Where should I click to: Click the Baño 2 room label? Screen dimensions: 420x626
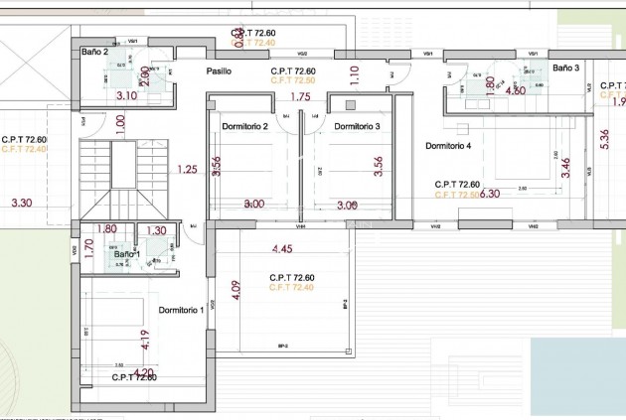click(x=94, y=52)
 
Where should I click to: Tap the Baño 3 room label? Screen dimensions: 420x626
click(x=565, y=68)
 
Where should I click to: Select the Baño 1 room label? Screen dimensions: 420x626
click(x=127, y=254)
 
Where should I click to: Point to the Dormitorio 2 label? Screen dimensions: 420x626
click(x=245, y=126)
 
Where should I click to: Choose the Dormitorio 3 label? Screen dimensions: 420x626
click(x=357, y=126)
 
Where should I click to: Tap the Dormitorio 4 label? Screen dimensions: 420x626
click(x=448, y=146)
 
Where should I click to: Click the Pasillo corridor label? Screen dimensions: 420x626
click(x=219, y=71)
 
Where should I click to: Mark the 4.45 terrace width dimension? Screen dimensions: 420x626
click(x=282, y=248)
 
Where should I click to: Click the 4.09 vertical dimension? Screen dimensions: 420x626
click(x=235, y=291)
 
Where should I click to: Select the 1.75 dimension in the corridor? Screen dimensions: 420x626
click(x=300, y=96)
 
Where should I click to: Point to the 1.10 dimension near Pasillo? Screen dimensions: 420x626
click(x=355, y=73)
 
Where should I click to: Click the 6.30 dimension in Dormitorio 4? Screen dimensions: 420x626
click(x=490, y=194)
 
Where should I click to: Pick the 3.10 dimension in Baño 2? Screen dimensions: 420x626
click(x=126, y=96)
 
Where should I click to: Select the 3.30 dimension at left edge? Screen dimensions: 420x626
click(x=21, y=203)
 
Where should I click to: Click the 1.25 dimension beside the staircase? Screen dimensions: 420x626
click(x=187, y=169)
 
